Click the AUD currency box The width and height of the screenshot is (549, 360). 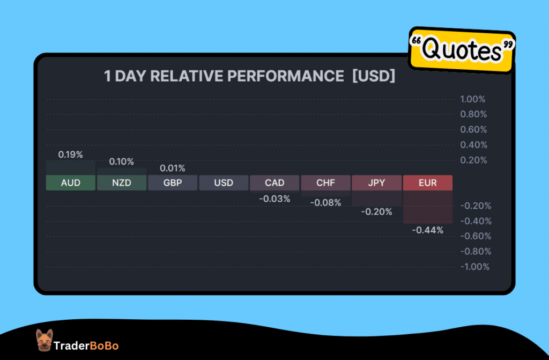click(71, 183)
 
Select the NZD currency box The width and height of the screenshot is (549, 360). click(122, 183)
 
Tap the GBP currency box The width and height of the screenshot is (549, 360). click(173, 183)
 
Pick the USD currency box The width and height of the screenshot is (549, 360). click(224, 183)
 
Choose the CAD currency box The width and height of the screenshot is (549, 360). click(274, 183)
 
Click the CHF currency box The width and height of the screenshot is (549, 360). click(325, 183)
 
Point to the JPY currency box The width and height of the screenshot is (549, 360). click(376, 183)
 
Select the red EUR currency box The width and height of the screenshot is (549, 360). click(428, 183)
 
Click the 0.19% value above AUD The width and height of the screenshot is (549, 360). click(71, 155)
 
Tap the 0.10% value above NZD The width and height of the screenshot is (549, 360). click(122, 161)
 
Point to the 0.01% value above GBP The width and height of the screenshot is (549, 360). click(173, 168)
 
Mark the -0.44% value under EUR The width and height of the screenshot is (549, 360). click(428, 230)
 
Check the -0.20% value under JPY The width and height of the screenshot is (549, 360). click(376, 212)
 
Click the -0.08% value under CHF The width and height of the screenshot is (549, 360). click(325, 203)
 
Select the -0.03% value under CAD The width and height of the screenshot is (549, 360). click(274, 199)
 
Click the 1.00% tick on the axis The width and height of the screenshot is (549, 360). click(472, 99)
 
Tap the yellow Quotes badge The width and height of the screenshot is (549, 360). click(462, 50)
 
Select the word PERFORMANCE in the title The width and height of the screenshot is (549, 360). click(285, 77)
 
